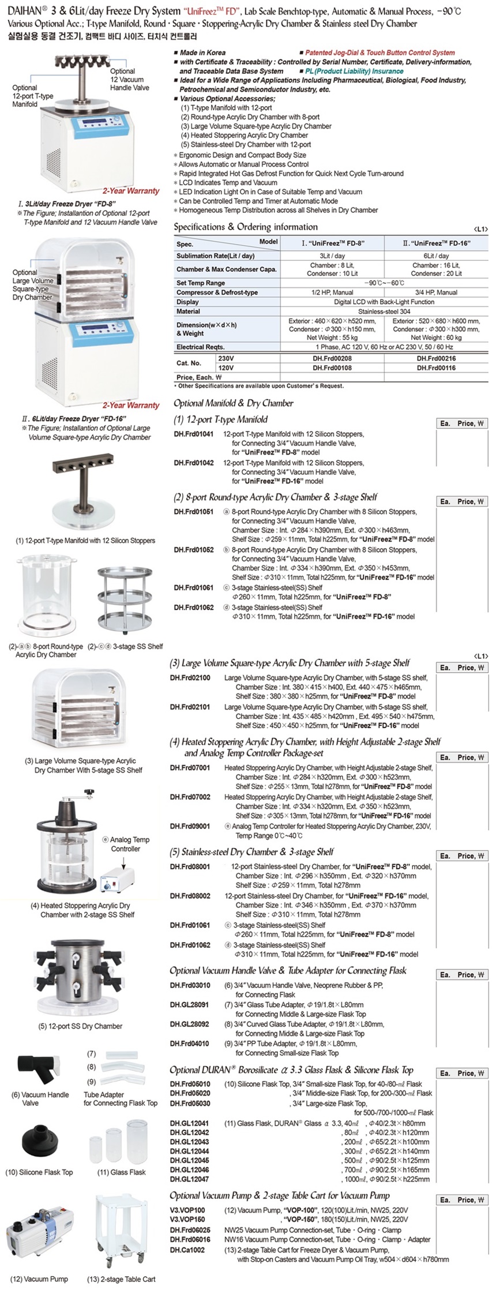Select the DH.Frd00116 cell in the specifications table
436,367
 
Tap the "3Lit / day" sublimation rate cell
332,256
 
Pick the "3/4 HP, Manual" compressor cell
436,292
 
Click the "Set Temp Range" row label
201,283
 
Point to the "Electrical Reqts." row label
201,347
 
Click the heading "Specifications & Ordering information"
246,227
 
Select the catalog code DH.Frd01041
194,434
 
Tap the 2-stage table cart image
121,1220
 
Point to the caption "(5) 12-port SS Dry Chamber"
80,1026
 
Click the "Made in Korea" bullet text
202,52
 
